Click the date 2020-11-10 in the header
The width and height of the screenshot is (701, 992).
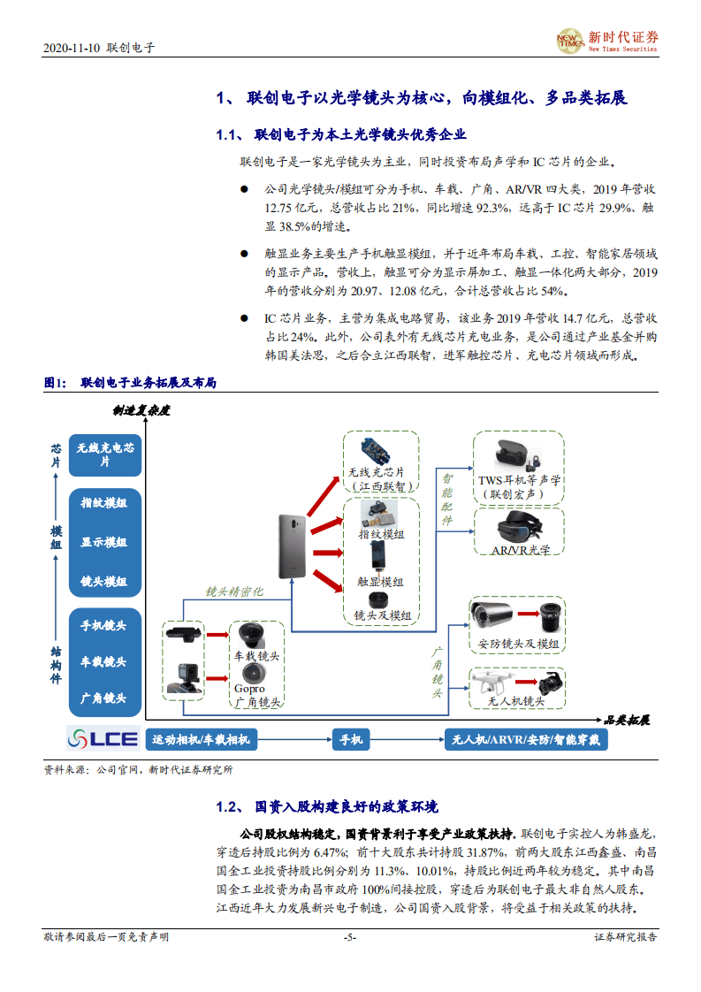[72, 48]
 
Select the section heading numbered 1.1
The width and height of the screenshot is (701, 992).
[341, 135]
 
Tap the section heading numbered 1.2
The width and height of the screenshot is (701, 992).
[326, 807]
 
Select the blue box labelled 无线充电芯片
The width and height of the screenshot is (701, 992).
[105, 454]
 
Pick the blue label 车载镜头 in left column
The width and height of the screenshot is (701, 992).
[104, 661]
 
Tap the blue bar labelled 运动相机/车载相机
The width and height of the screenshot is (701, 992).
[201, 740]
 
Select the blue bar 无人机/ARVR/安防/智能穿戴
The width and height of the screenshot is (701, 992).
[526, 740]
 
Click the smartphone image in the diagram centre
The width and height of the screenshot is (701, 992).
[293, 546]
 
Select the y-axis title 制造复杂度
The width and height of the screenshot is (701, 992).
[141, 410]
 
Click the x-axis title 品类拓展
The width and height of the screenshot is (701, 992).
[627, 720]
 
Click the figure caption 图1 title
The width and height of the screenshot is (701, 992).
[130, 383]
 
